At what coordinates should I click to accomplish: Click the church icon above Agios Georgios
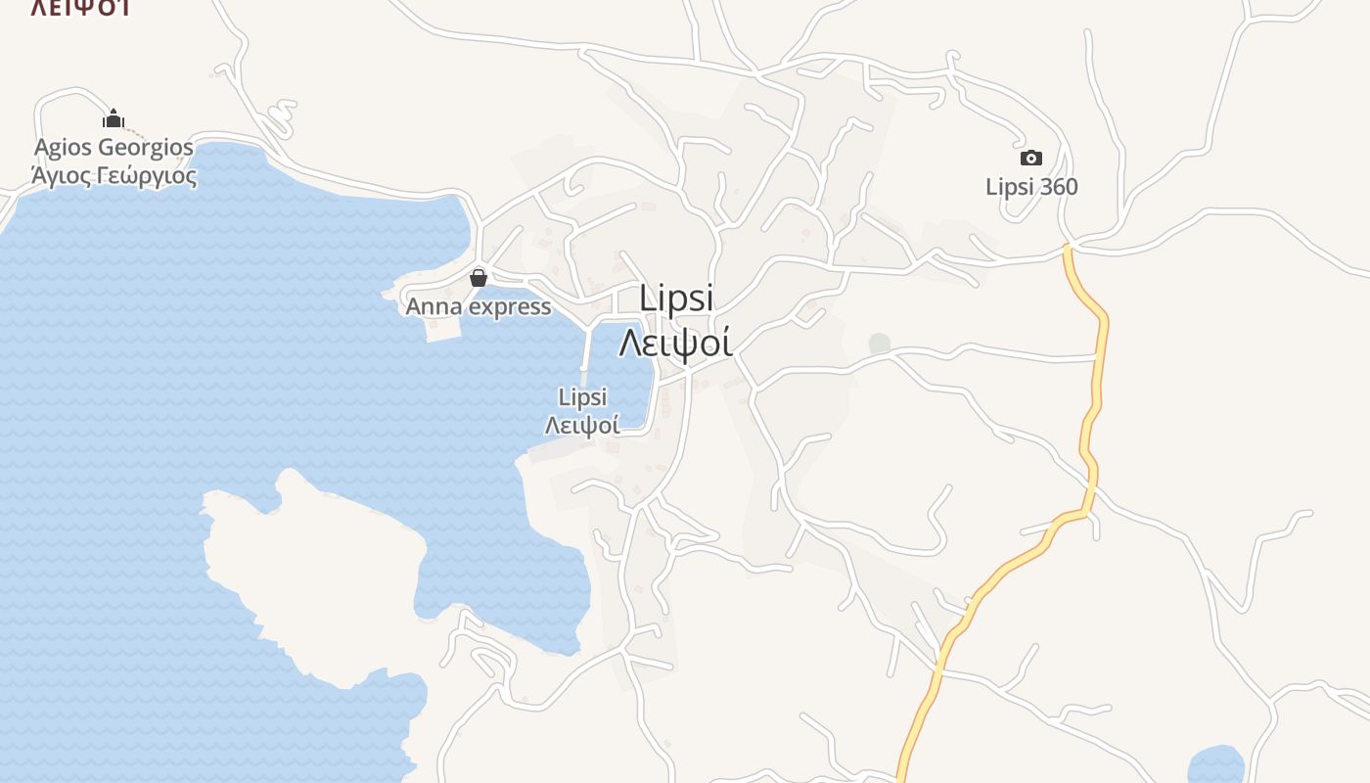tap(114, 119)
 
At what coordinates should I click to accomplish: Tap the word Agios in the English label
tap(64, 148)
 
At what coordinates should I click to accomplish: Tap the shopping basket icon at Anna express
tap(479, 278)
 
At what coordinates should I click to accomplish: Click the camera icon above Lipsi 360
tap(1030, 159)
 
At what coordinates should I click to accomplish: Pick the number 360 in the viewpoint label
tap(1058, 187)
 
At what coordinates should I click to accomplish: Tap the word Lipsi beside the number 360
tap(1010, 187)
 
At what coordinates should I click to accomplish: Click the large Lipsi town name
tap(676, 299)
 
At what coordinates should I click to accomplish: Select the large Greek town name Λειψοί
tap(676, 343)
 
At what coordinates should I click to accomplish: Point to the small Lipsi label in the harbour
tap(582, 397)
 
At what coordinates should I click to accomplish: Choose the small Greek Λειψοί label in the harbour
tap(582, 426)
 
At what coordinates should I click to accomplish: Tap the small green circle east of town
tap(880, 344)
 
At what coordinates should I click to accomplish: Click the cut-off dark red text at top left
tap(80, 8)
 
